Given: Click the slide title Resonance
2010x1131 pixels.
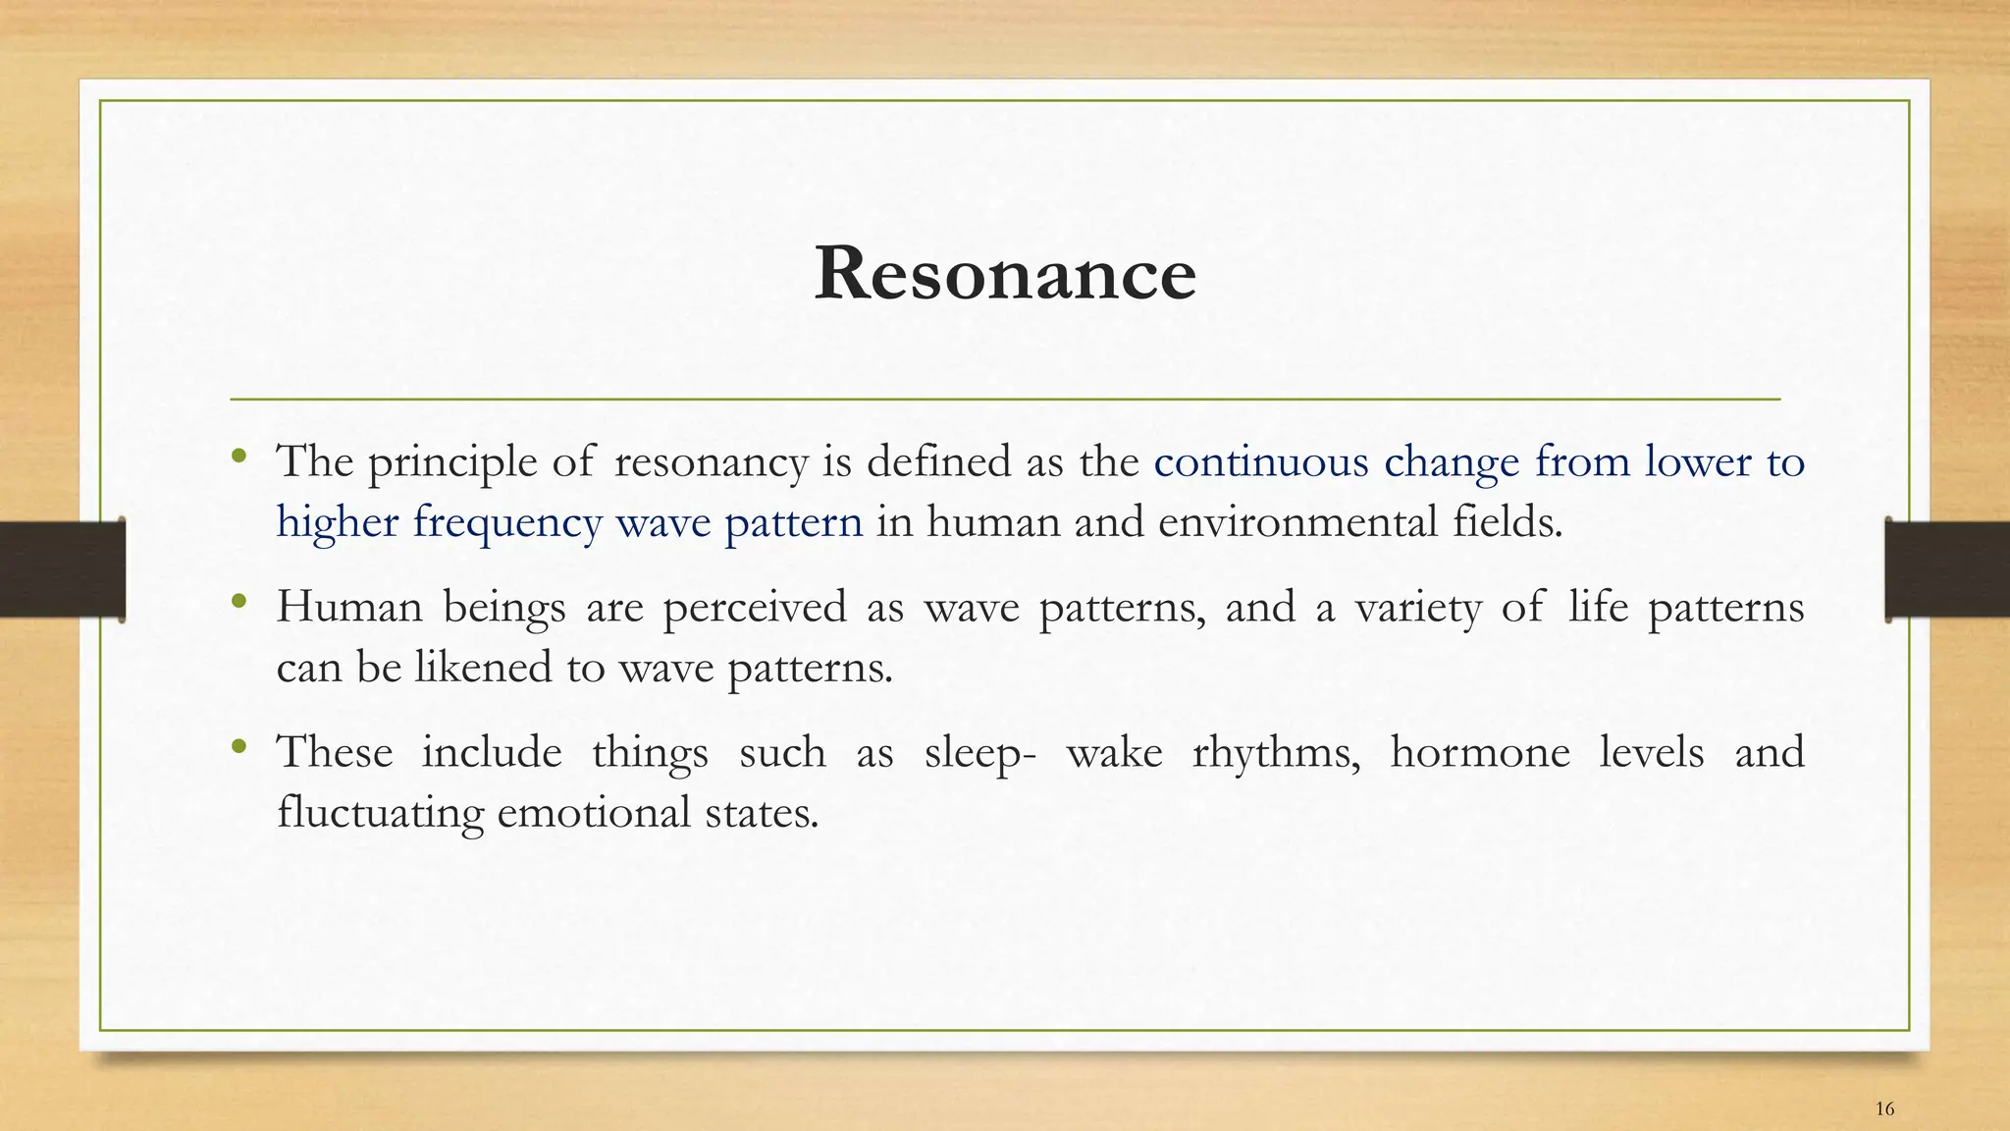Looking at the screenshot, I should coord(1005,274).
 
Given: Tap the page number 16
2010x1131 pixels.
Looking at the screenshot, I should coord(1884,1109).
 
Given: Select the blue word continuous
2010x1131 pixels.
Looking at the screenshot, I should coord(1260,462).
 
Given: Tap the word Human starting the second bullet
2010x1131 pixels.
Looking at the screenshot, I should coord(349,607).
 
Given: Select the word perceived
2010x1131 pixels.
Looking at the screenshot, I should coord(754,608).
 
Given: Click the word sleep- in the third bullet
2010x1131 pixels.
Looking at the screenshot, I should coord(979,754).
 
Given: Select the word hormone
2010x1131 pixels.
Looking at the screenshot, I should coord(1479,752).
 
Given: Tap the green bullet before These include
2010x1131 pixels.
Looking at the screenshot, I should coord(238,747).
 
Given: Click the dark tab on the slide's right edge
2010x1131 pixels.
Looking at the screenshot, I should coord(1947,569).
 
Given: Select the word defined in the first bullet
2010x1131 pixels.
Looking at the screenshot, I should coord(938,461).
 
